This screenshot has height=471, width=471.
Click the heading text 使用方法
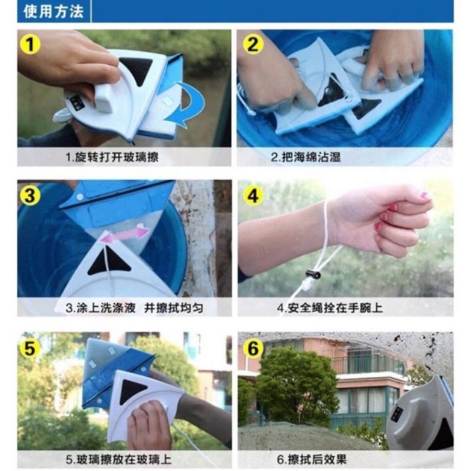click(x=54, y=11)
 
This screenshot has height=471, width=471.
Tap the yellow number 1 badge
click(x=30, y=45)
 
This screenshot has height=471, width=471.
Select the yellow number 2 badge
click(x=253, y=45)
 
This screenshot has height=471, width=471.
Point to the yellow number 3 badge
click(x=30, y=195)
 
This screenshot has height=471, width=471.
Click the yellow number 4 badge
click(x=253, y=196)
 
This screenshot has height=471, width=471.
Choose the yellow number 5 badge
click(x=30, y=349)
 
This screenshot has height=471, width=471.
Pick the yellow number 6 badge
click(x=253, y=349)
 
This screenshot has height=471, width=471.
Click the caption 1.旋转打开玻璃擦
click(x=112, y=157)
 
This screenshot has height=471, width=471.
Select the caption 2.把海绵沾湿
click(x=306, y=157)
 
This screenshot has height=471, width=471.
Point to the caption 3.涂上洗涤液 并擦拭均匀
click(x=135, y=308)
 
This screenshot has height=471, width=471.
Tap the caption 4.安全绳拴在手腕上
click(x=330, y=308)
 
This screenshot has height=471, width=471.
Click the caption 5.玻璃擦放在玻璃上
click(x=119, y=460)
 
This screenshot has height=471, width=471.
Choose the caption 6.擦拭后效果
click(x=312, y=460)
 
